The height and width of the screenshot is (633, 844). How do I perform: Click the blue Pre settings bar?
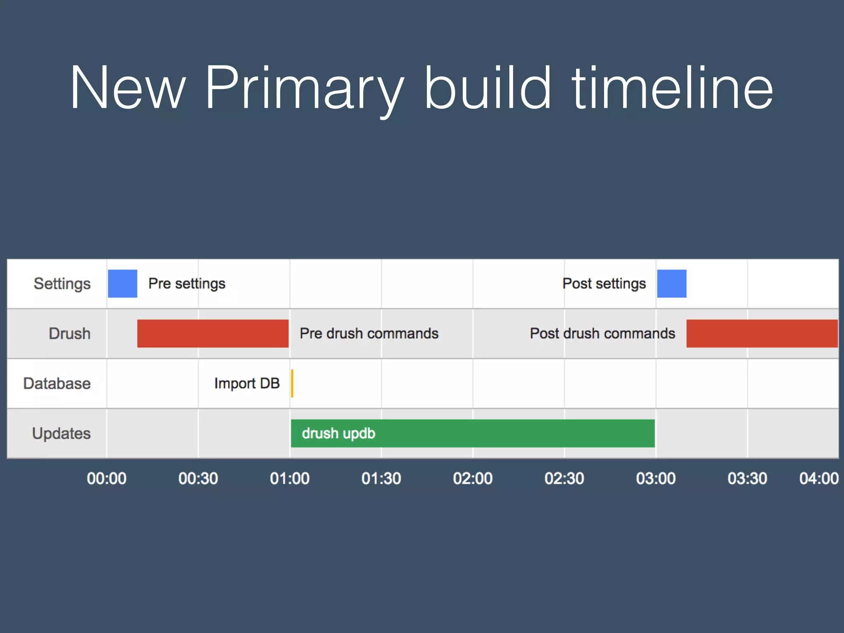point(122,284)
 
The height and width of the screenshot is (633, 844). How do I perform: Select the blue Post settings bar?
point(671,284)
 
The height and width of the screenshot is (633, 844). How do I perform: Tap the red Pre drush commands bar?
point(213,333)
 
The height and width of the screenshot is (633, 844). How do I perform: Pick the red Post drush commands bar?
point(762,333)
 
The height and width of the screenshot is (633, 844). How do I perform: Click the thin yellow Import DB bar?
point(292,383)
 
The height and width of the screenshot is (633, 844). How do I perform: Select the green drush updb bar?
point(473,433)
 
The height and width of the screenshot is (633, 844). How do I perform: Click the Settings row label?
point(62,284)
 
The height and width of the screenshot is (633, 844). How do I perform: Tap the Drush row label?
point(69,333)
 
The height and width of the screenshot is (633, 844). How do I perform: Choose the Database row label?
point(57,383)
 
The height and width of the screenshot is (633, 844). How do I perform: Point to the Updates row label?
point(61,433)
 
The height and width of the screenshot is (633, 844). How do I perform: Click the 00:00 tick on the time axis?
point(106,478)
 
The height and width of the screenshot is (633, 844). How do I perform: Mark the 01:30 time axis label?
point(381,478)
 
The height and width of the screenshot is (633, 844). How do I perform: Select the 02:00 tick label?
point(472,478)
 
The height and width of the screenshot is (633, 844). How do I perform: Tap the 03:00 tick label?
point(655,478)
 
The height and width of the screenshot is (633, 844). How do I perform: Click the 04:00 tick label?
point(818,478)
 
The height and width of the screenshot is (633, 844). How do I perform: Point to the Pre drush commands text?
point(369,333)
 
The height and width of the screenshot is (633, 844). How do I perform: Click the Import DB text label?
point(247,383)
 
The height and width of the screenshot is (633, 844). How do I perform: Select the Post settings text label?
point(604,284)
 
